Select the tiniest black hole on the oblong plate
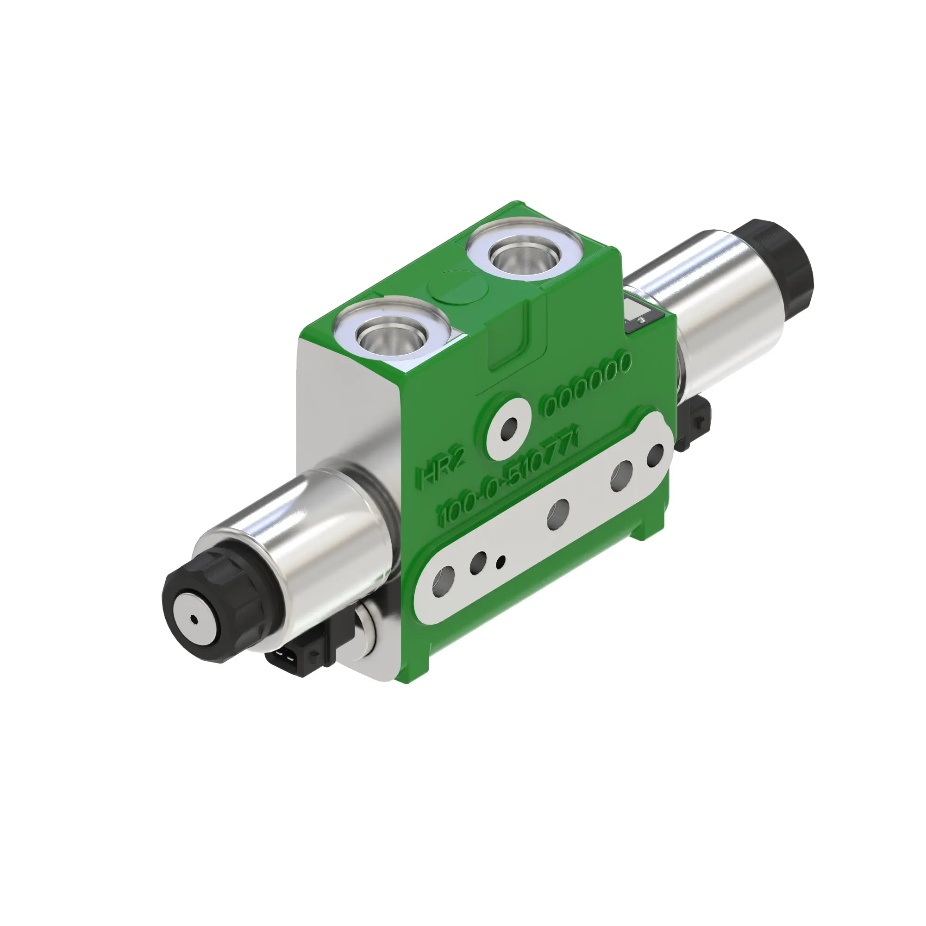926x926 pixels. point(501,560)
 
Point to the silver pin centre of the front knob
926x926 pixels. point(194,619)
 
